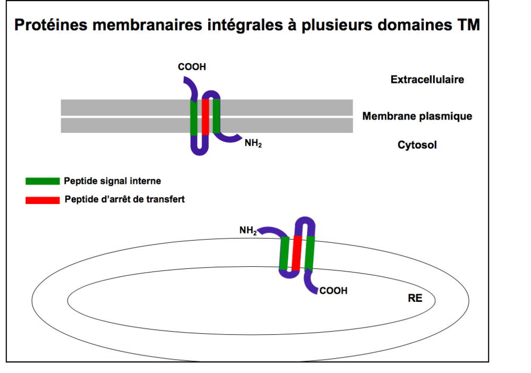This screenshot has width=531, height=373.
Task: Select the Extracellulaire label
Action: [x=427, y=80]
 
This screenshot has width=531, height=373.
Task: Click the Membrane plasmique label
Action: [x=417, y=116]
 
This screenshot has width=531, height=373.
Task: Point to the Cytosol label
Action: [x=417, y=145]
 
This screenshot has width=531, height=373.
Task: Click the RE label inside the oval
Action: [x=415, y=298]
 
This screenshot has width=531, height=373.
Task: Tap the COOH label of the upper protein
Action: [x=192, y=67]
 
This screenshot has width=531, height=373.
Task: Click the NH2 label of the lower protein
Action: [x=248, y=231]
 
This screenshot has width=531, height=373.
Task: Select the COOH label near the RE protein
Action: [x=333, y=291]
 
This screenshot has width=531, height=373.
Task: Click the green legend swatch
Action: [x=42, y=181]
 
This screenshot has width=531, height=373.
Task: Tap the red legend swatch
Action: [x=42, y=200]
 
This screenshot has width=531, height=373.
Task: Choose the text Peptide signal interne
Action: [x=112, y=181]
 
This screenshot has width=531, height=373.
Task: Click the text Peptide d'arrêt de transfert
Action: [x=124, y=200]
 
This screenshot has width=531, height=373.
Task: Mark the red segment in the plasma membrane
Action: [x=205, y=116]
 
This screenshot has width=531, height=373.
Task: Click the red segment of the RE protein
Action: [x=296, y=253]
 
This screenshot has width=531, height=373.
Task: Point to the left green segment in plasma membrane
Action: [x=194, y=116]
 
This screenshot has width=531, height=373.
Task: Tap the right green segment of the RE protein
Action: [x=309, y=253]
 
